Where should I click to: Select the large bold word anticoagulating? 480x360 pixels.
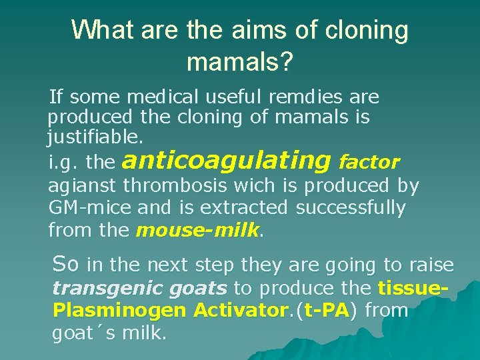[227, 161]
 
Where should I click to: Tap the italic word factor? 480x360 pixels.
[369, 161]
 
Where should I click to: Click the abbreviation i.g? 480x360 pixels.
[64, 162]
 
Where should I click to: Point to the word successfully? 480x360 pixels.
[350, 208]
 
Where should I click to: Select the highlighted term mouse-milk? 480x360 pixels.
[197, 231]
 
